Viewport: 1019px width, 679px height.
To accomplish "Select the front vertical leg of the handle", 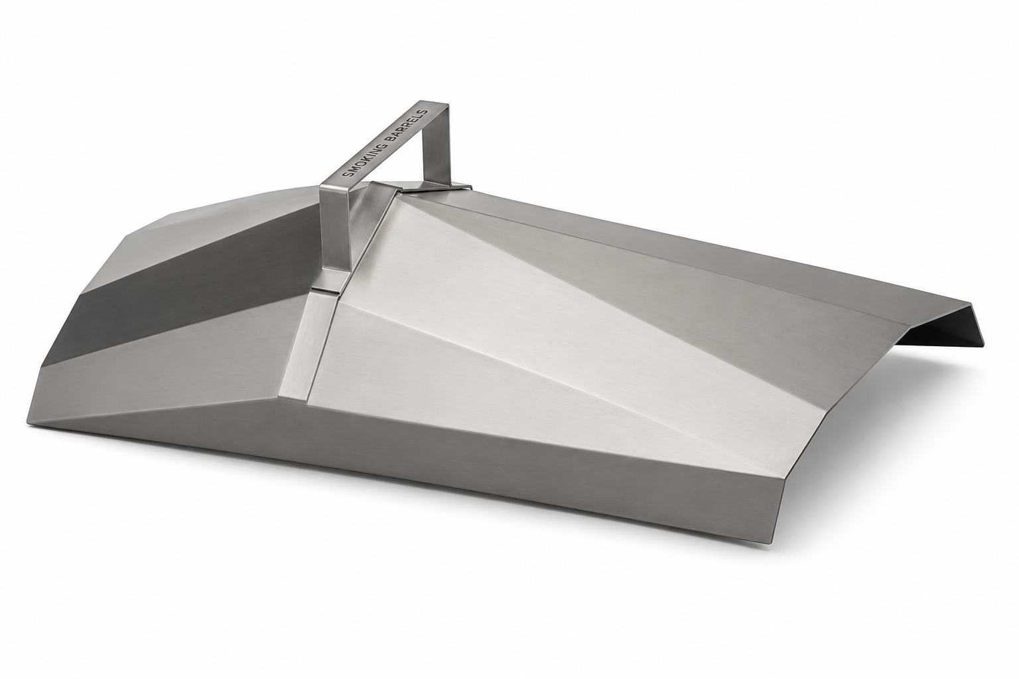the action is pos(335,232).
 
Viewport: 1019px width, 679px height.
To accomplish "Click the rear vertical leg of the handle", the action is pos(435,145).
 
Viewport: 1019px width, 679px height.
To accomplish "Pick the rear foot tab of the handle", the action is pos(440,186).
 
